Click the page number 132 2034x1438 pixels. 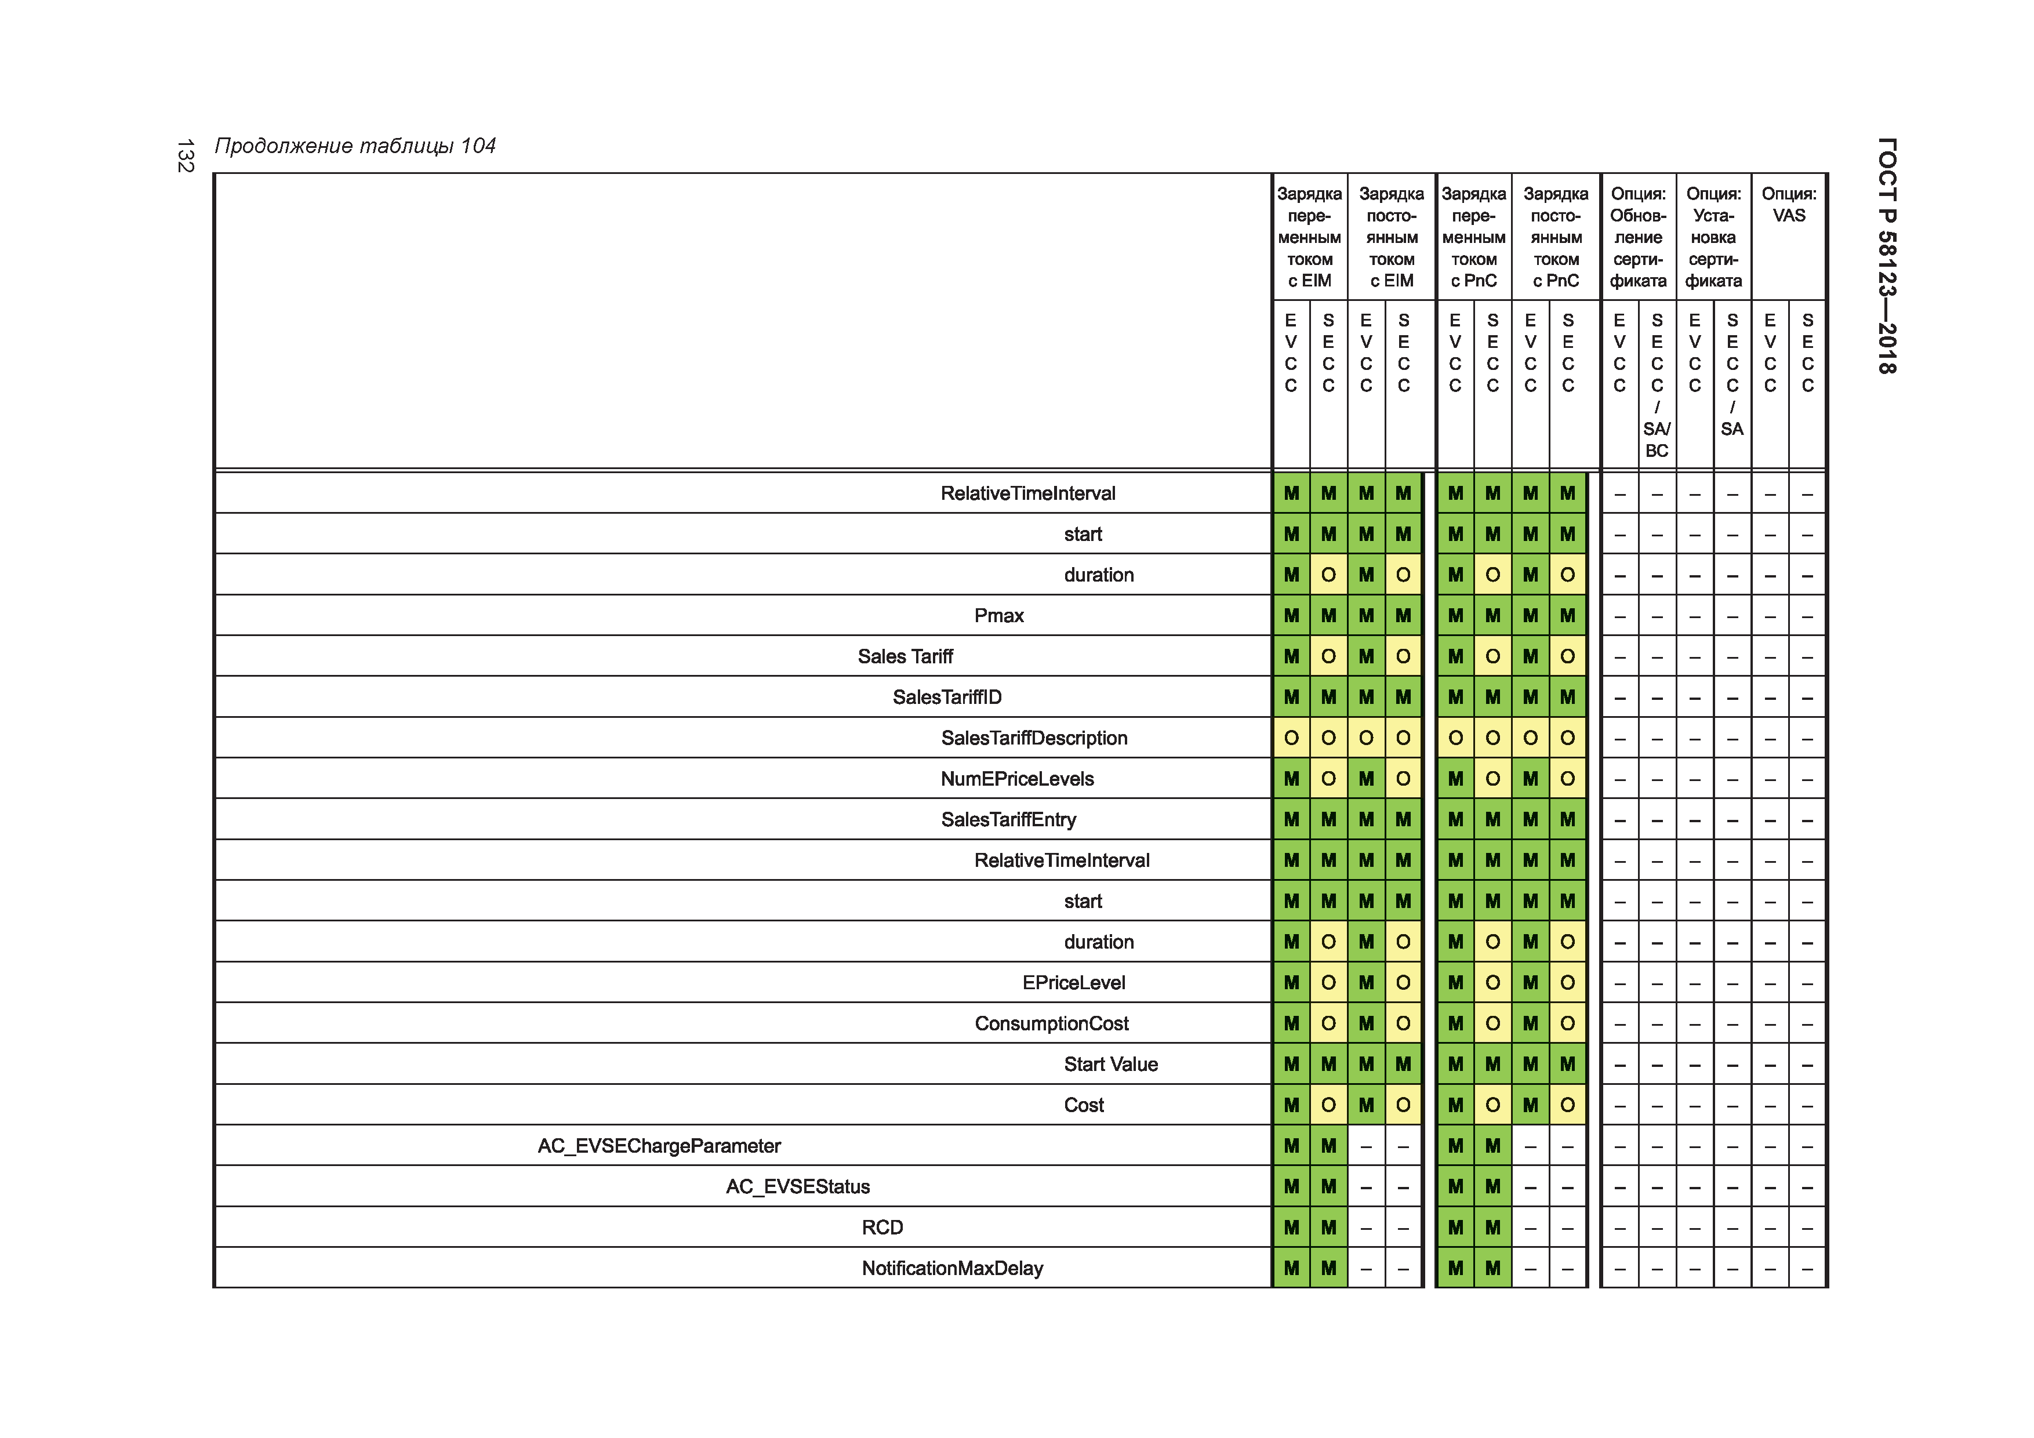coord(185,156)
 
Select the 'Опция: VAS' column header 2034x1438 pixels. coord(1789,205)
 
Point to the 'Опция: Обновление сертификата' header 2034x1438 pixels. coord(1638,238)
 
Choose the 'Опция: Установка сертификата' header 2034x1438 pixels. coord(1713,238)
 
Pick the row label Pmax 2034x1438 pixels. coord(998,616)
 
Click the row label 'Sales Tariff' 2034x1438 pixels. coord(905,656)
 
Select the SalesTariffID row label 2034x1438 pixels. coord(947,698)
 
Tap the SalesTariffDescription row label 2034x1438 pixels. coord(1034,738)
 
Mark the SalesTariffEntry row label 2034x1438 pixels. coord(1008,819)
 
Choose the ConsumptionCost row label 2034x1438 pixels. coord(1052,1023)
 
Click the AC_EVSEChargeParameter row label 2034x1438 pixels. coord(659,1146)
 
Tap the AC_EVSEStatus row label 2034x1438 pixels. coord(797,1186)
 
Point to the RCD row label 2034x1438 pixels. coord(882,1227)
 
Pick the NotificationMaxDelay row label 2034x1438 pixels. coord(952,1268)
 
